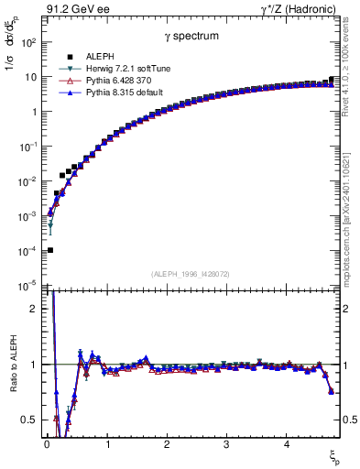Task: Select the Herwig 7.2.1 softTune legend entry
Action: (115, 69)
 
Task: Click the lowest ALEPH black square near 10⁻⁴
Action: (50, 250)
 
